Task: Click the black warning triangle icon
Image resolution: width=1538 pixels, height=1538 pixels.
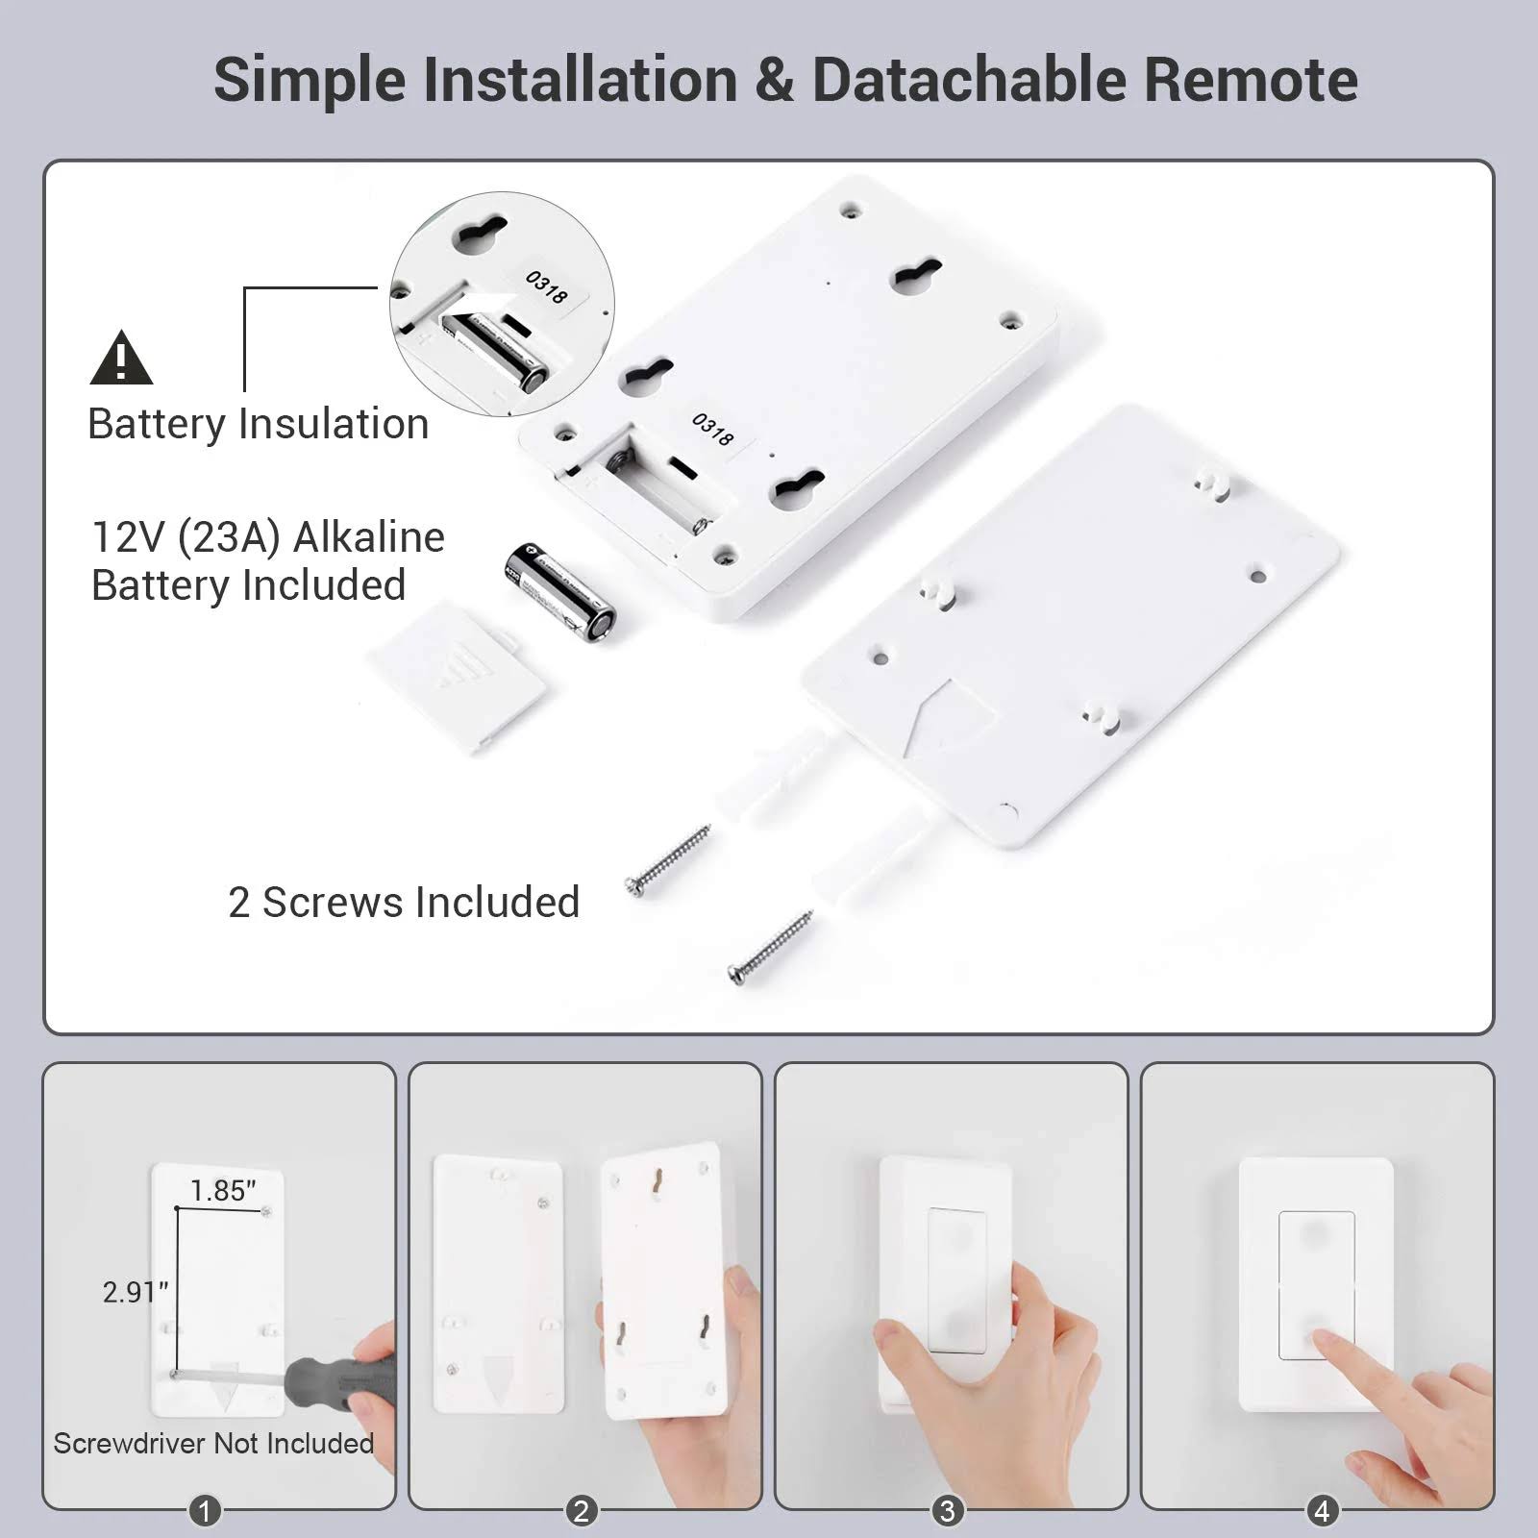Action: [x=121, y=358]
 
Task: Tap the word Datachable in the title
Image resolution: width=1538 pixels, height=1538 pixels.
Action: [x=969, y=79]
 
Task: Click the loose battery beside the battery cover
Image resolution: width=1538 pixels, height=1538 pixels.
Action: [x=559, y=593]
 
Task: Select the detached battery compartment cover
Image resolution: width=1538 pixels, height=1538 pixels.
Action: [x=458, y=677]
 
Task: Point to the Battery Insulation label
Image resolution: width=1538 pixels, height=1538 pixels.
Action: [x=258, y=424]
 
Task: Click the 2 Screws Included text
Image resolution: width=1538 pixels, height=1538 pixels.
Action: [x=404, y=903]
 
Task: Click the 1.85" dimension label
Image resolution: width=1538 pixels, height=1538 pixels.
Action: [x=223, y=1190]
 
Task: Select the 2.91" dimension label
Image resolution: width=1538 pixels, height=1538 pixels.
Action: [x=136, y=1292]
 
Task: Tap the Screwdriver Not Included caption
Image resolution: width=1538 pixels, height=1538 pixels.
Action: [x=213, y=1444]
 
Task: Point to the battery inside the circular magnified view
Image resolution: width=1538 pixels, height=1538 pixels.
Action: [x=496, y=351]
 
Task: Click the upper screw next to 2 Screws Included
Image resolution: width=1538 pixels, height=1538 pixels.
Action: [x=668, y=859]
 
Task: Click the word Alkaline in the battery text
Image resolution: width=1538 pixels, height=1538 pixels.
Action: [x=368, y=537]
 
